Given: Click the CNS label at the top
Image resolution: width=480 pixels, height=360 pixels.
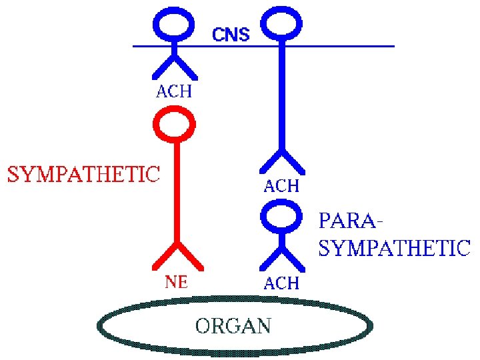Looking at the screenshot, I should (231, 34).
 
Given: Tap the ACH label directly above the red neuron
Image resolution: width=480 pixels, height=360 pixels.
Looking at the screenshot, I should (173, 92).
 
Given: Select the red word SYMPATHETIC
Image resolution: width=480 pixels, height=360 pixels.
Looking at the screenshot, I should (84, 174).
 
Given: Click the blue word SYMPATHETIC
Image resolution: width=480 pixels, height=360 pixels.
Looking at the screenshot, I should (395, 249).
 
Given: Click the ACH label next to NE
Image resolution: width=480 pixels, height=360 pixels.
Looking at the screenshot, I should (281, 283).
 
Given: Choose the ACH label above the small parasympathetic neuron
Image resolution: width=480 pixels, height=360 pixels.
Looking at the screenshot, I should (281, 186).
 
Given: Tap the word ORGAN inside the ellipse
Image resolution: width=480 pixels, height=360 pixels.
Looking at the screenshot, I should (233, 326).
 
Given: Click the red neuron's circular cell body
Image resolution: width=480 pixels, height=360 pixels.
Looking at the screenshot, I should (175, 125).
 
